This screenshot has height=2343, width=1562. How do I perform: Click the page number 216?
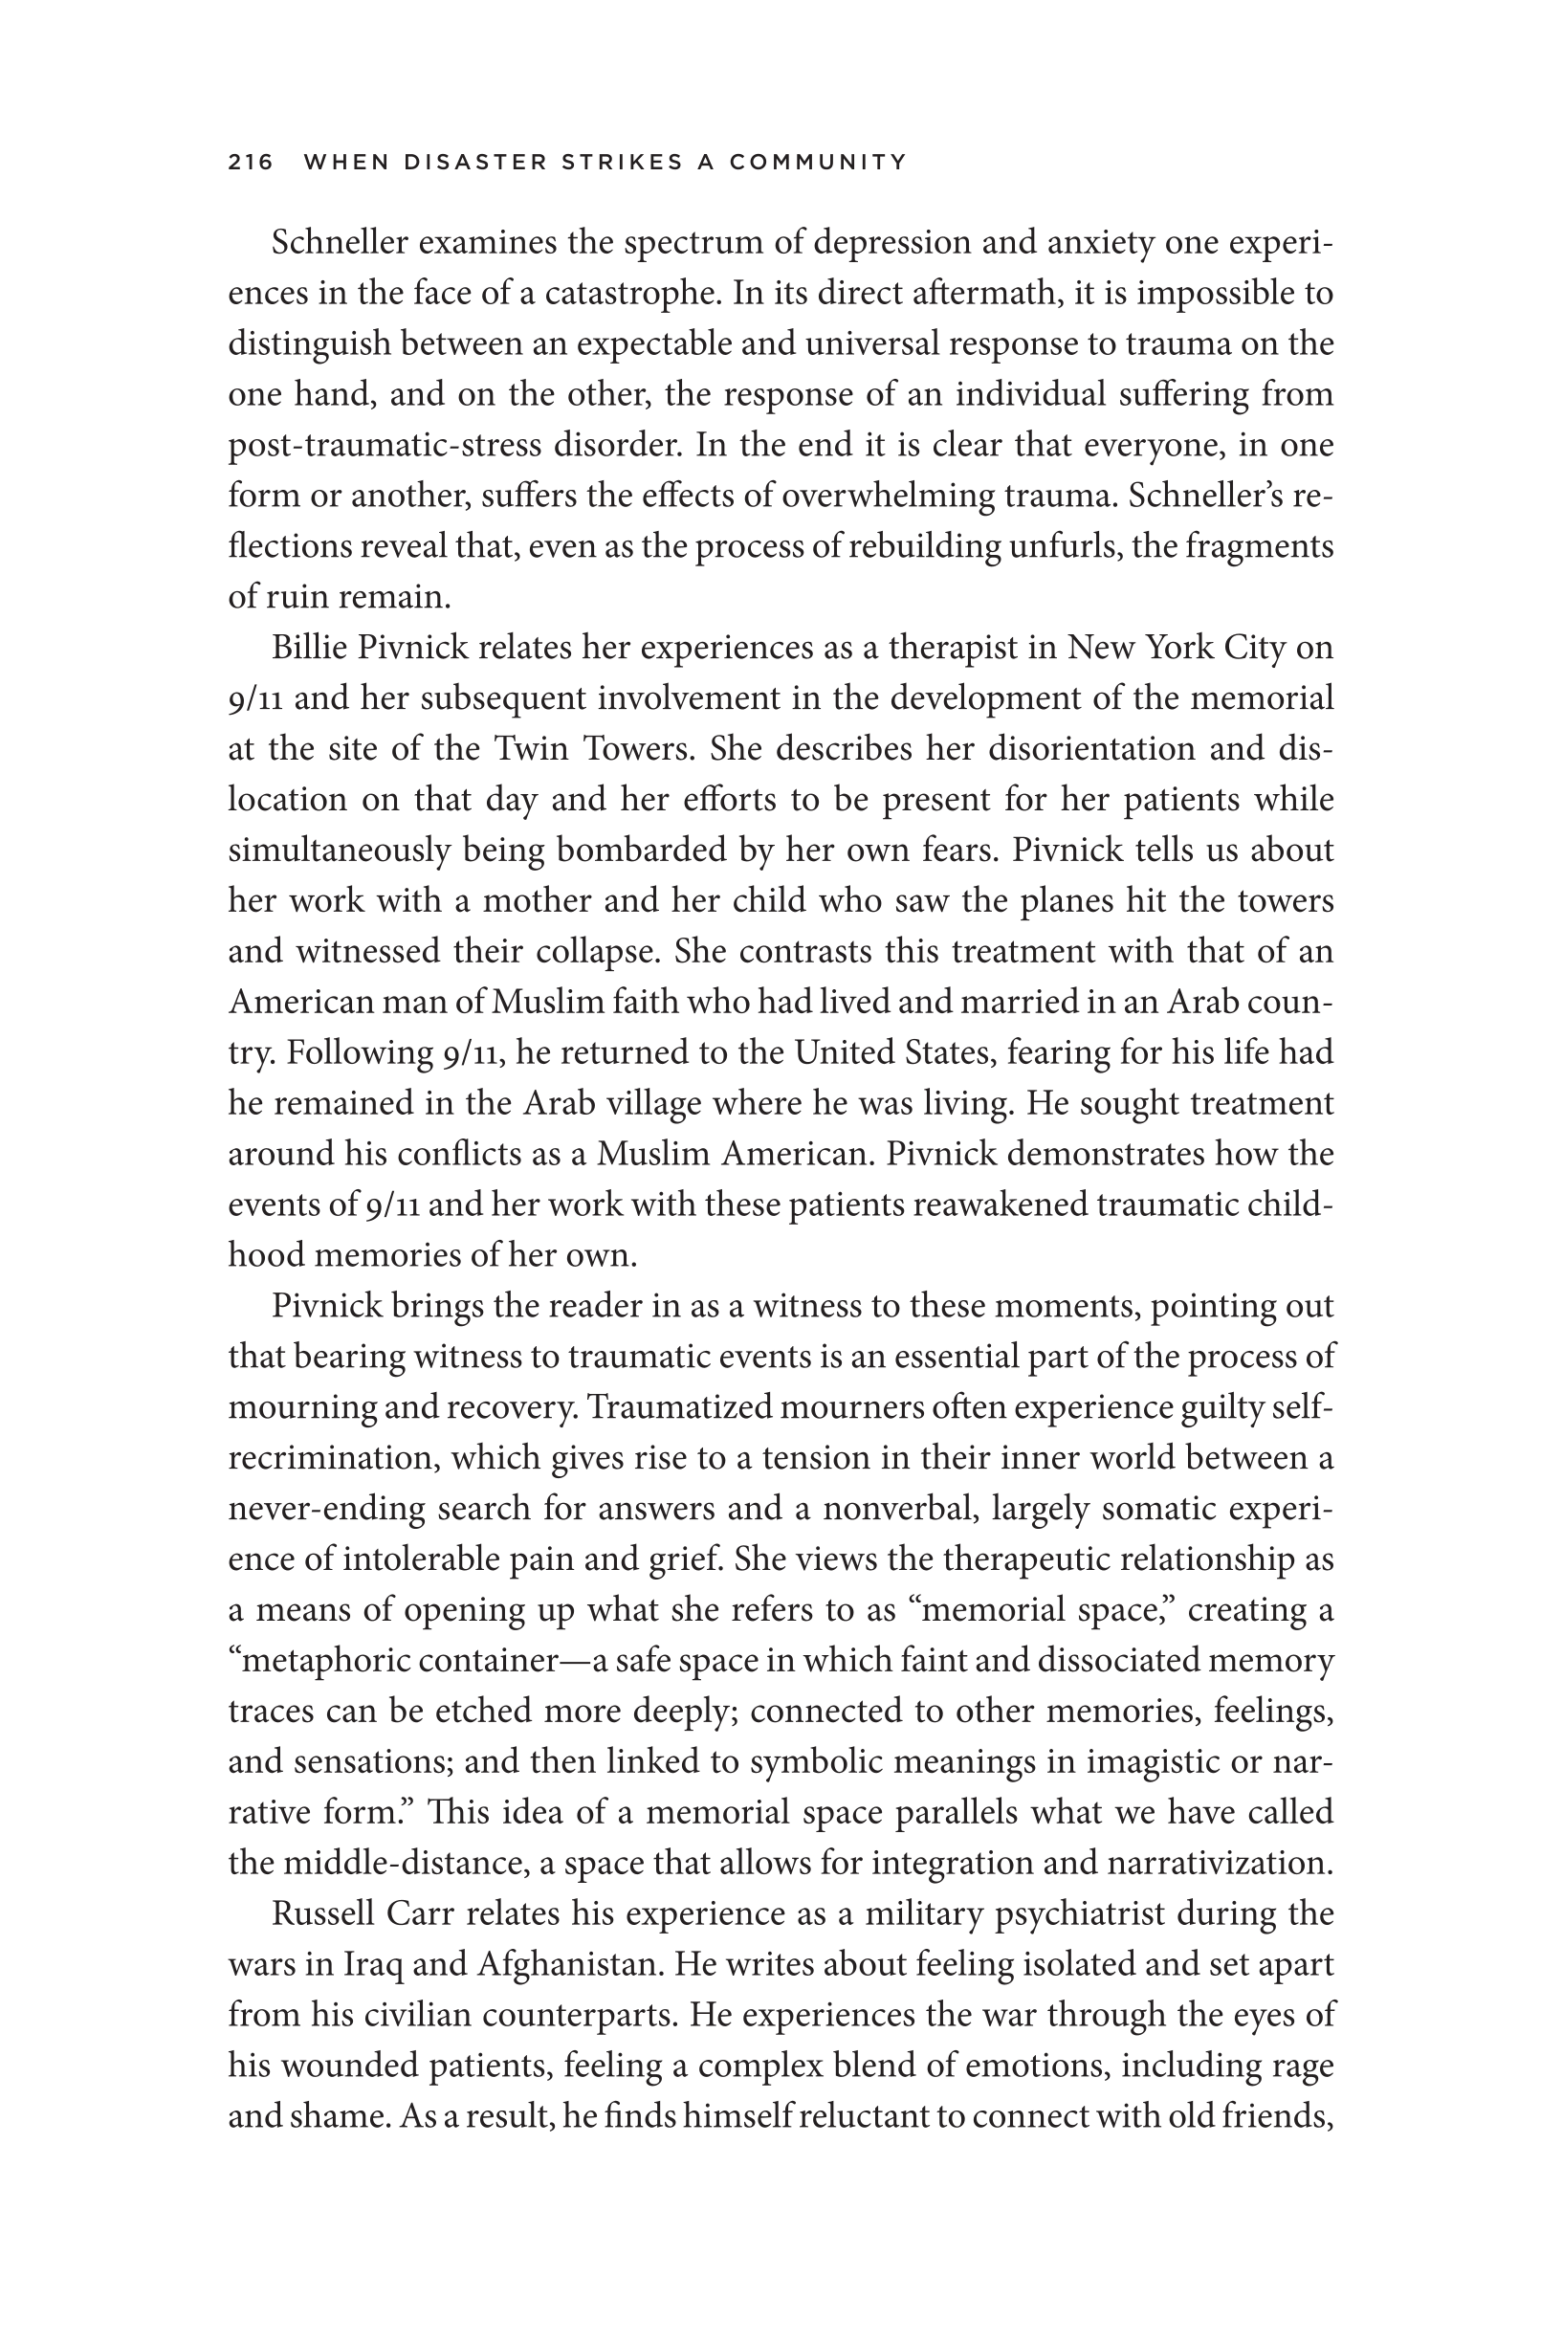pos(250,163)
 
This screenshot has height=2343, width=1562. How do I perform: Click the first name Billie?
pos(308,649)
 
